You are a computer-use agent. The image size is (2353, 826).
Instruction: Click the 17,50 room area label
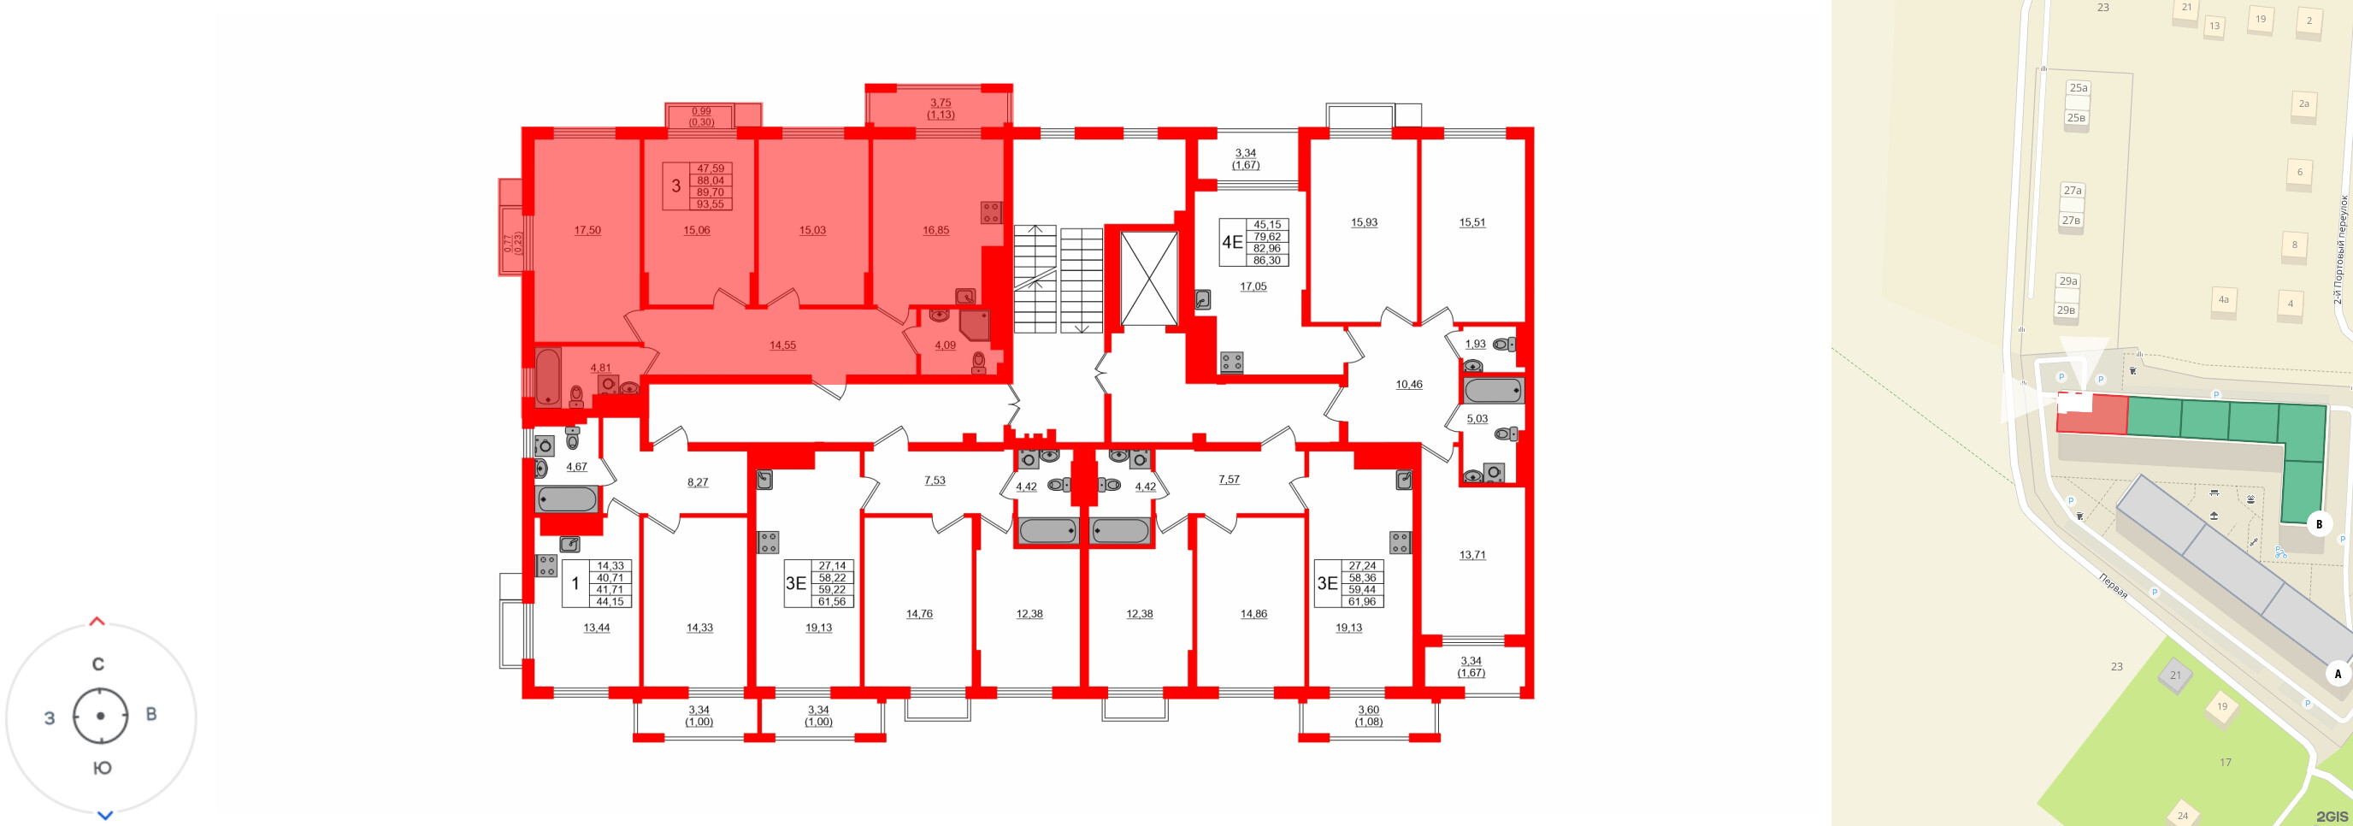coord(587,230)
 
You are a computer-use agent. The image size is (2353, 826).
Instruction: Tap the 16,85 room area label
coord(935,230)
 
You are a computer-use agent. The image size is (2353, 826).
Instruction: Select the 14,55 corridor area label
coord(781,345)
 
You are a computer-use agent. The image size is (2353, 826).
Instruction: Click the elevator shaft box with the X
coord(1148,279)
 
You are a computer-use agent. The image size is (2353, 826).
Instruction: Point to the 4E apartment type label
coord(1232,242)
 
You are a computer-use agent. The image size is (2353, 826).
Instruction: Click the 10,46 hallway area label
coord(1408,385)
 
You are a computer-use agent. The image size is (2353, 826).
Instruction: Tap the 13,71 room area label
coord(1472,555)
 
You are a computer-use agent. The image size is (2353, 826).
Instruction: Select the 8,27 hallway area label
coord(698,482)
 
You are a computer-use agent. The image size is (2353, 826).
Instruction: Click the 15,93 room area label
coord(1364,222)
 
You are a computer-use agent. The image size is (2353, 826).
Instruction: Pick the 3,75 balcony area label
coord(940,103)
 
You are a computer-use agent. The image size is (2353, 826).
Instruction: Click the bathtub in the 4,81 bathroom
coord(548,376)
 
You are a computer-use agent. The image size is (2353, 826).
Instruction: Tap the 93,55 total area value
coord(710,204)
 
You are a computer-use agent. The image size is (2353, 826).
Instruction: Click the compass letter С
coord(98,664)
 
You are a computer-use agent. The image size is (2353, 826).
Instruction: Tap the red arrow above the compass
coord(97,622)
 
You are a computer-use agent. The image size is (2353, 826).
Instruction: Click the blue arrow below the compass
coord(105,815)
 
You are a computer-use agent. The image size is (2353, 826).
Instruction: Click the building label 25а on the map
coord(2078,88)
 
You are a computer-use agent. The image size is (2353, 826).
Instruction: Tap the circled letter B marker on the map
coord(2318,523)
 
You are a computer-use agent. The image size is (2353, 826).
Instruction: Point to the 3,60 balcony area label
coord(1367,710)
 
